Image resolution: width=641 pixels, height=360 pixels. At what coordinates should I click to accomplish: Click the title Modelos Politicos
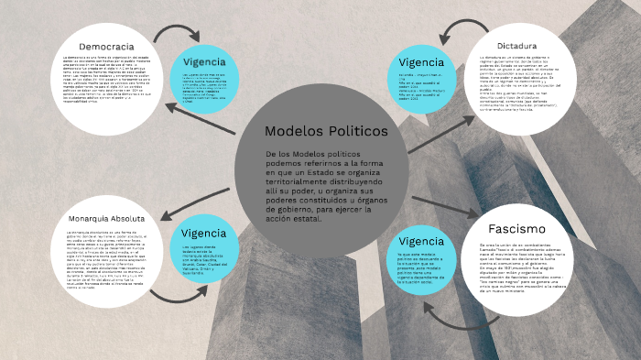pos(326,132)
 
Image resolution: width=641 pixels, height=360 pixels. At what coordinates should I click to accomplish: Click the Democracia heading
pos(106,46)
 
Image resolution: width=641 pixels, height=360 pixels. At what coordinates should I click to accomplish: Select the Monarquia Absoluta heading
pos(106,220)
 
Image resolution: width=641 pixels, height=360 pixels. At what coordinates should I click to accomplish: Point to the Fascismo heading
pos(516,228)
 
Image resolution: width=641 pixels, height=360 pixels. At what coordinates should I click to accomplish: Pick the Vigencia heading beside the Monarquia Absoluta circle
pos(202,233)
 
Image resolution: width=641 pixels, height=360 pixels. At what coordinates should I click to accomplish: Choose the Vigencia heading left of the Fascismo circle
pos(421,240)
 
